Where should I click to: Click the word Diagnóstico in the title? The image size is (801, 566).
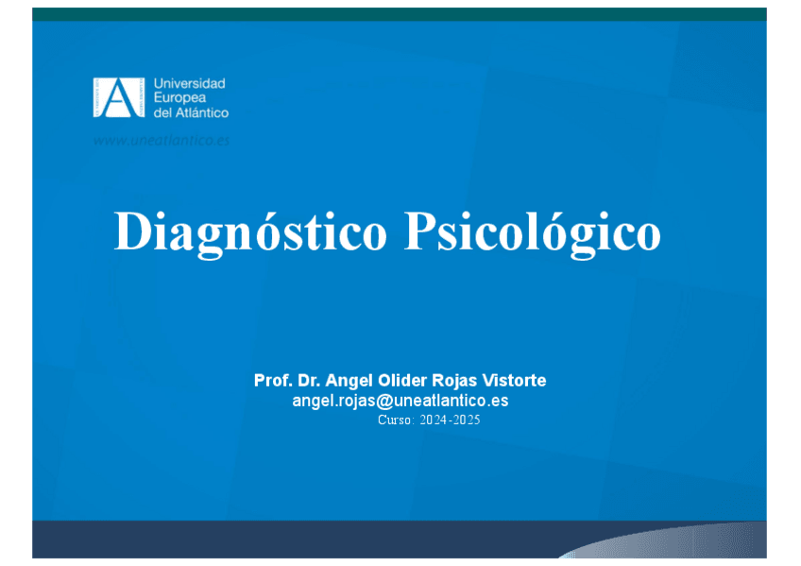250,233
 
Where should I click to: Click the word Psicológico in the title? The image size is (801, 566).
533,233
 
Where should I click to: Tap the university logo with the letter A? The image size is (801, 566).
118,97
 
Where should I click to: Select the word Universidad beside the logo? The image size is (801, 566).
190,83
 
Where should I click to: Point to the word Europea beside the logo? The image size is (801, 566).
179,97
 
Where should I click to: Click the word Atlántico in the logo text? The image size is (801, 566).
202,112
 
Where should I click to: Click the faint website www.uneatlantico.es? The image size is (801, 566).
162,141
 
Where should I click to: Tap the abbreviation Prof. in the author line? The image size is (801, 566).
273,380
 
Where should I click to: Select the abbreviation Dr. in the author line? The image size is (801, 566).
309,380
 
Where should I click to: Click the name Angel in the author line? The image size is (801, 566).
349,381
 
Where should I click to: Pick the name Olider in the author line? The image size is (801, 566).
402,380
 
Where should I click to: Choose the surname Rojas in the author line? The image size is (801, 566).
454,381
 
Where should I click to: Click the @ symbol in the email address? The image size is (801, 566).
384,401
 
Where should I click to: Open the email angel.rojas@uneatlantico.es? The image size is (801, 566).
400,401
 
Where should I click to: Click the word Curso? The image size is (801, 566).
395,420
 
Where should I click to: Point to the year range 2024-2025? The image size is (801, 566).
450,420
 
